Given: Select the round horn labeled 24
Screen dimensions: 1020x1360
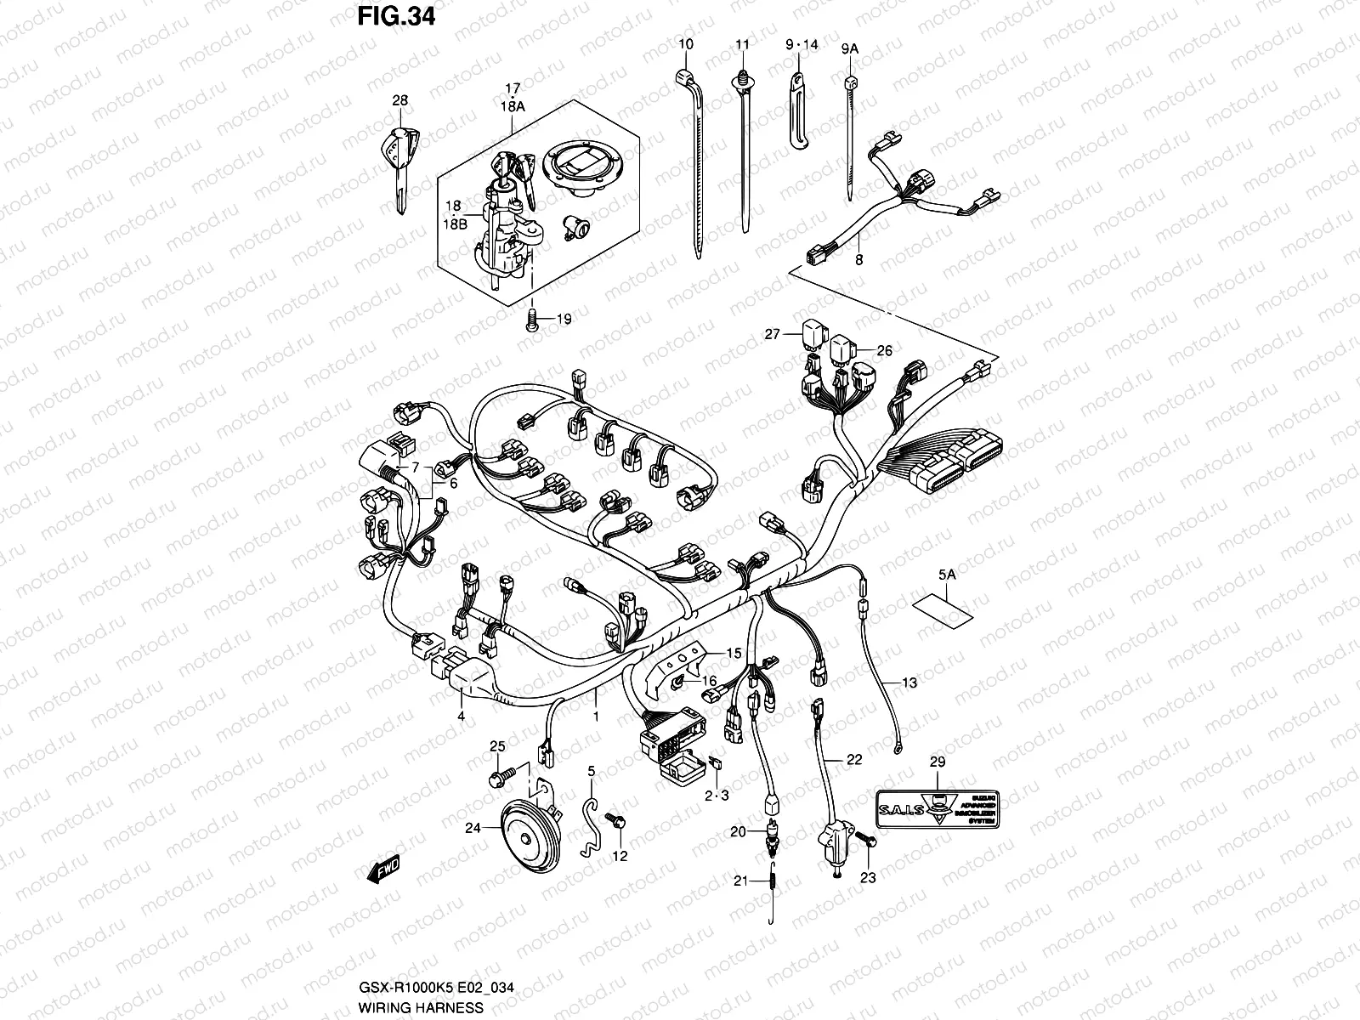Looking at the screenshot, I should pos(520,837).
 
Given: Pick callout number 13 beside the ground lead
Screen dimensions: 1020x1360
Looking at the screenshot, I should pos(909,683).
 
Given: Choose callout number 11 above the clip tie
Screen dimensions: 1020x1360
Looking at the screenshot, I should pos(743,44).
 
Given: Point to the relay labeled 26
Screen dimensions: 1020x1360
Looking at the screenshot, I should pos(843,349).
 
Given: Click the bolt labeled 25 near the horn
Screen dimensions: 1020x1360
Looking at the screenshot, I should pos(501,776).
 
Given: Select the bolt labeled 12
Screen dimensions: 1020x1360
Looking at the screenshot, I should pos(615,820).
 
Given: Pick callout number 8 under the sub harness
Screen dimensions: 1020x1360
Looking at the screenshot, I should pos(858,260).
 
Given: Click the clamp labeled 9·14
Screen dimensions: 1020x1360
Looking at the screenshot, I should pos(800,110).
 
